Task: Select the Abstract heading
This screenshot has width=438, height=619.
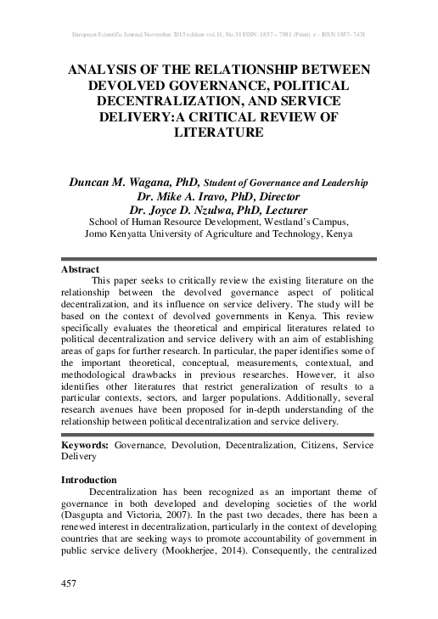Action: (81, 268)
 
